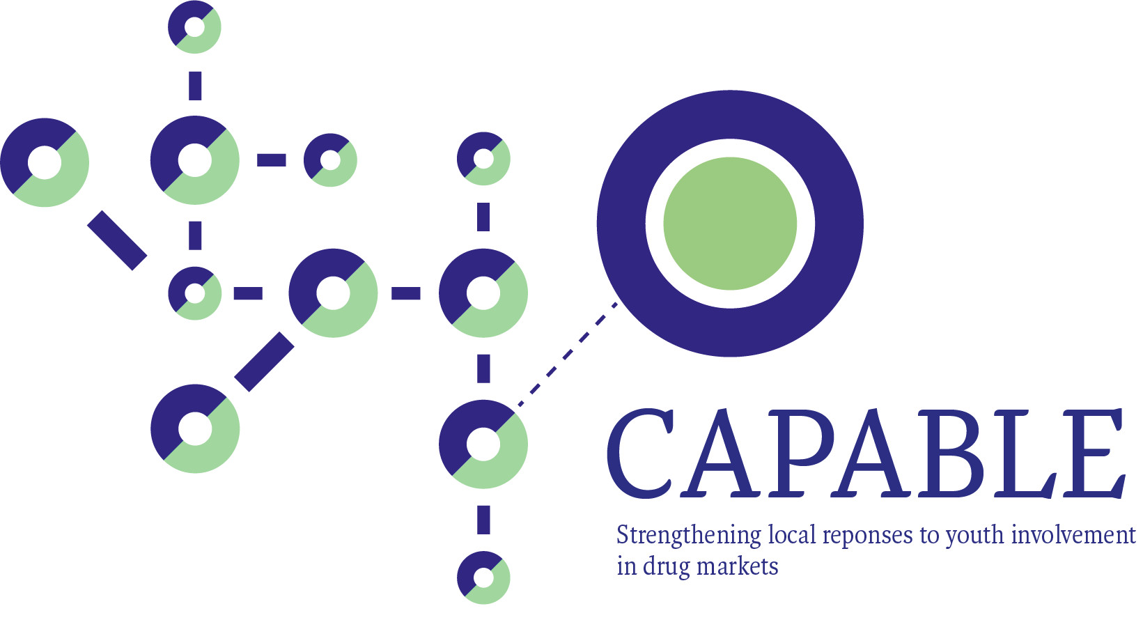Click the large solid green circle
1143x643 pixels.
[730, 224]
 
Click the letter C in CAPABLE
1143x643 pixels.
[640, 454]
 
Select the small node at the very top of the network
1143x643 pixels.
[195, 27]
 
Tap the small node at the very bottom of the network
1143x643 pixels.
[483, 578]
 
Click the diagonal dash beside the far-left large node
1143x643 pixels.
[117, 240]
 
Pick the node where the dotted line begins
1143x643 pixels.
[483, 444]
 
